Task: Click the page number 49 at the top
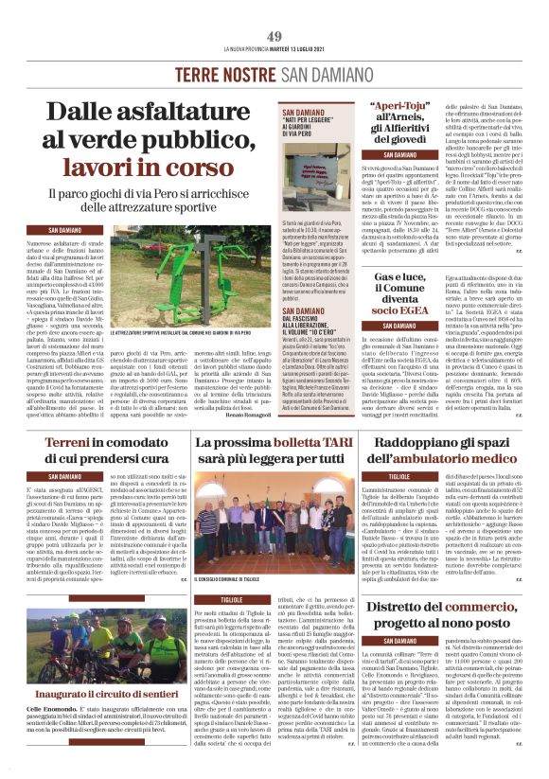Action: point(274,36)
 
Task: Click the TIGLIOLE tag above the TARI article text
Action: point(231,600)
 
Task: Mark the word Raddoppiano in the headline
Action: point(408,443)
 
